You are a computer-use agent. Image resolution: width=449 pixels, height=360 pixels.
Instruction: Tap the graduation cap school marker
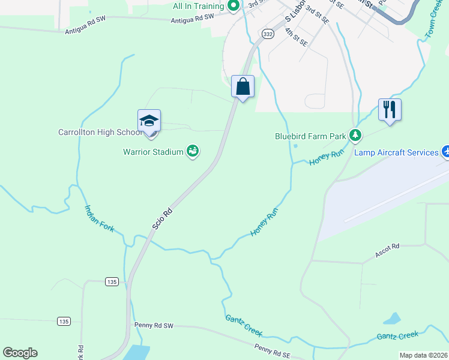tap(149, 122)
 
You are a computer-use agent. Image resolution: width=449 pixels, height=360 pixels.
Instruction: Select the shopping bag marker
tap(243, 87)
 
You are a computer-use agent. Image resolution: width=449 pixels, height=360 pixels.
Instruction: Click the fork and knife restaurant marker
tap(390, 110)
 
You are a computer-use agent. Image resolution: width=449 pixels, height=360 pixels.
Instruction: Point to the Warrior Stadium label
tap(153, 152)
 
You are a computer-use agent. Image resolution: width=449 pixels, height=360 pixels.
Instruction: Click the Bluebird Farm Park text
tap(310, 136)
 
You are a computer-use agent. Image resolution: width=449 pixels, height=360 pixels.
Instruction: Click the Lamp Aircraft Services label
tap(396, 152)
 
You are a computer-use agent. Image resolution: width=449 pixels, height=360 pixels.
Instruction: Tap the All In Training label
tap(198, 6)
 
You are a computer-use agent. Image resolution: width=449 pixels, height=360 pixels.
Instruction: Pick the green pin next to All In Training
tap(234, 6)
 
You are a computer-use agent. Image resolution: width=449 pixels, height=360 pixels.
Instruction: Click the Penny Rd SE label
tap(272, 348)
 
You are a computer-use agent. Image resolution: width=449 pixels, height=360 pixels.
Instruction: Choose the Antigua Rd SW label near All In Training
tap(192, 19)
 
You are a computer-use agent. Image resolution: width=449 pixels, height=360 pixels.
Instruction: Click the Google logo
tap(20, 353)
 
